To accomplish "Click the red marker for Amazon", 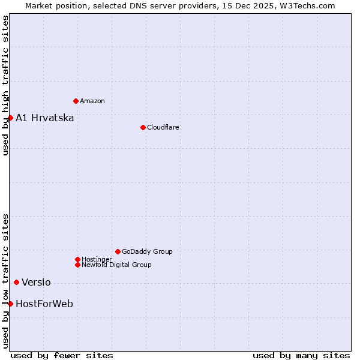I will coord(76,101).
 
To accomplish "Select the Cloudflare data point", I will coord(143,127).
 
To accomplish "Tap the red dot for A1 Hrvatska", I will coord(10,118).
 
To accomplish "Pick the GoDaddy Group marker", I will coord(118,251).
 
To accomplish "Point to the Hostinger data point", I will coord(77,259).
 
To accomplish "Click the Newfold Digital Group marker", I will coord(77,265).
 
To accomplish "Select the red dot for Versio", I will coord(16,283).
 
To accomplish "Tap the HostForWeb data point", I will coord(10,304).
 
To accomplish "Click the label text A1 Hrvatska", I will coord(45,118).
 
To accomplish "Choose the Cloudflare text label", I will coord(163,127).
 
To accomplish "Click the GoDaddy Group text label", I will coord(147,251).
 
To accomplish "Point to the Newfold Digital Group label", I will coord(116,265).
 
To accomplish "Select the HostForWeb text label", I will coord(44,304).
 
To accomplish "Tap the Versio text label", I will coord(36,283).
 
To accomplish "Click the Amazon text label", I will coord(92,101).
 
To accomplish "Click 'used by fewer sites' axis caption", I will coord(62,355).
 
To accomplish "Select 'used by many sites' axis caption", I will coord(301,355).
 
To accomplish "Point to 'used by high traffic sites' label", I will coord(5,85).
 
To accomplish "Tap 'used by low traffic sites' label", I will coord(5,280).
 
